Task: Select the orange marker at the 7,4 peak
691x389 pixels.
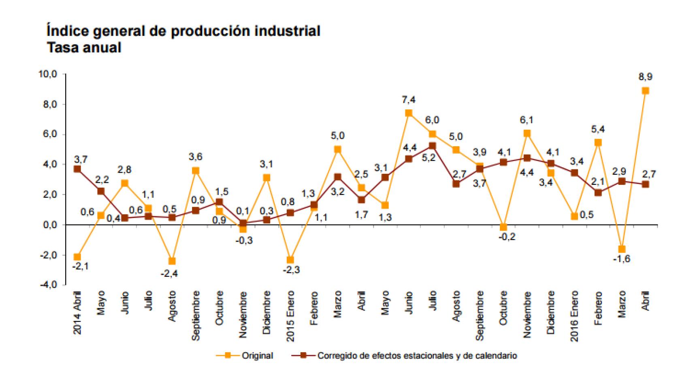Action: [409, 113]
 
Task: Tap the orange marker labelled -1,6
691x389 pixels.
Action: [622, 249]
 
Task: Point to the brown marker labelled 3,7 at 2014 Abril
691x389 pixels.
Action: [77, 169]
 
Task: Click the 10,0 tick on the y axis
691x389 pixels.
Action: [48, 75]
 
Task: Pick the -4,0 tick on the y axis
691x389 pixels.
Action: [48, 285]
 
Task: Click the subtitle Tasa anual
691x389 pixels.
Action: [84, 48]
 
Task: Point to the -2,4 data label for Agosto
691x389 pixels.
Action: [169, 274]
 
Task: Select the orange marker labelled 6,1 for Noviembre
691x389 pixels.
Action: [527, 133]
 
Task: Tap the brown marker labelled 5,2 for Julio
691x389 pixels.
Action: [432, 146]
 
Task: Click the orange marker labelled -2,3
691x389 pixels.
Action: [290, 260]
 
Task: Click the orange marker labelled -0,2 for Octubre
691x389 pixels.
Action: [503, 227]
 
